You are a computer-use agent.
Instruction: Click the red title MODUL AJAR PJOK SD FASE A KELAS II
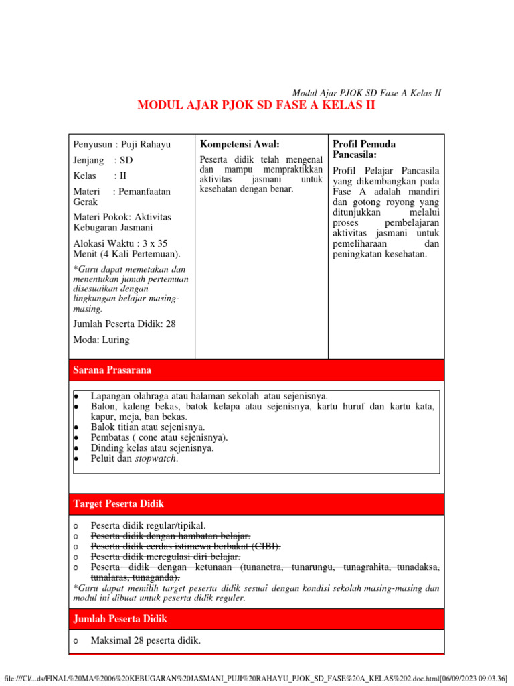[256, 106]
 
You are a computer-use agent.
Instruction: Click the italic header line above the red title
[367, 93]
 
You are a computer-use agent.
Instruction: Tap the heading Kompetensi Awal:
[240, 145]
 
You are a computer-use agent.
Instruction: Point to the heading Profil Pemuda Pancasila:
[364, 149]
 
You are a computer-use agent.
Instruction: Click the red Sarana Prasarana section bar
[256, 370]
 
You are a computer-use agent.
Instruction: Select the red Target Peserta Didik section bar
[256, 504]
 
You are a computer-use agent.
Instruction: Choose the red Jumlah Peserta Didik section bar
[256, 619]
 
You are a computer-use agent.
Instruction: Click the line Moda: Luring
[102, 340]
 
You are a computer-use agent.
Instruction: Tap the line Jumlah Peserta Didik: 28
[124, 324]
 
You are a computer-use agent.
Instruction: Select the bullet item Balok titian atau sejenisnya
[148, 427]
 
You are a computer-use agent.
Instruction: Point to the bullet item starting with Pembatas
[159, 437]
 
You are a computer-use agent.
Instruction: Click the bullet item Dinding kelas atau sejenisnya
[153, 448]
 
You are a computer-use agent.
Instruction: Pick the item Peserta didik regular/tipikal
[149, 526]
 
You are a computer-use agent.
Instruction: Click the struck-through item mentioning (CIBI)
[185, 547]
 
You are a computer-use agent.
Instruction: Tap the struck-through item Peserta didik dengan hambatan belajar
[171, 536]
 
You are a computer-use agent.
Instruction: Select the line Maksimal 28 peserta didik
[146, 641]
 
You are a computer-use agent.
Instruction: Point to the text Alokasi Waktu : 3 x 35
[120, 244]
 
